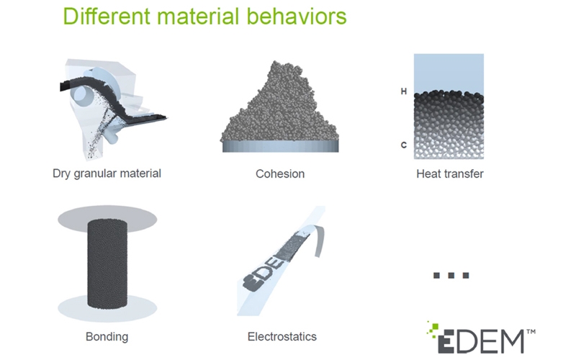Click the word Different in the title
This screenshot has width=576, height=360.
click(107, 16)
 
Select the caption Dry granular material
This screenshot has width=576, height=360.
click(107, 174)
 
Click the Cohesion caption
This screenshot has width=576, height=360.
click(280, 174)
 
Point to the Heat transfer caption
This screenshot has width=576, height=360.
click(449, 174)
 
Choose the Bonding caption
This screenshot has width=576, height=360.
click(107, 336)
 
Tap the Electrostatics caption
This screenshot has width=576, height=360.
click(282, 336)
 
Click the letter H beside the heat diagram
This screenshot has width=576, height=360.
click(404, 91)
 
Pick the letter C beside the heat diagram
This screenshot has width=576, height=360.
click(404, 145)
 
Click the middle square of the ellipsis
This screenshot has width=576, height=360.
click(451, 275)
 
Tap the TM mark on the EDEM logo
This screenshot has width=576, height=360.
click(531, 332)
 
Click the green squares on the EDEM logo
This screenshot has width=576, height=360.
click(433, 328)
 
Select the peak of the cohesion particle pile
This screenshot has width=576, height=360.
click(284, 63)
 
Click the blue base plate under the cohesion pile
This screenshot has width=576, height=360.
click(280, 147)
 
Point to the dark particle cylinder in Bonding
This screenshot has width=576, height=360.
click(107, 264)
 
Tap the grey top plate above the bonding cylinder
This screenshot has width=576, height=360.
click(107, 220)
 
